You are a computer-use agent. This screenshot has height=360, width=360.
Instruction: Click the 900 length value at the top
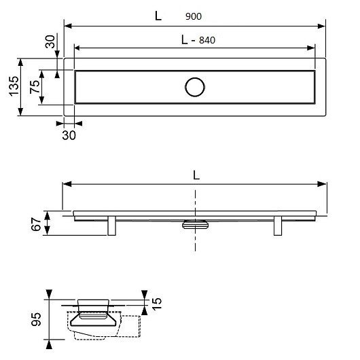click(194, 16)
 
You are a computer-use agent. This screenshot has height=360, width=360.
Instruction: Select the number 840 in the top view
click(207, 40)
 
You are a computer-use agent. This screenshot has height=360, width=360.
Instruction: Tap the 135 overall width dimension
click(14, 86)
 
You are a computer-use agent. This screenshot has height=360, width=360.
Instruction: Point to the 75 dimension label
click(35, 87)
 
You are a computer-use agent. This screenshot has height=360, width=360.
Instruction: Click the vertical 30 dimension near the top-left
click(50, 41)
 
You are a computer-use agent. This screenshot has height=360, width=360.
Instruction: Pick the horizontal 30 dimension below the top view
click(69, 135)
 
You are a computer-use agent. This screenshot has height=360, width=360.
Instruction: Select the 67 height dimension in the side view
click(36, 224)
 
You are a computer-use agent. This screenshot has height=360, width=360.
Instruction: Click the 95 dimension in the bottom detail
click(36, 319)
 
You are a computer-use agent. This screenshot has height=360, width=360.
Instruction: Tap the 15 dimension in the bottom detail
click(157, 304)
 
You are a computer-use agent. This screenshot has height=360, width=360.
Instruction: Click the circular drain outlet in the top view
click(195, 87)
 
